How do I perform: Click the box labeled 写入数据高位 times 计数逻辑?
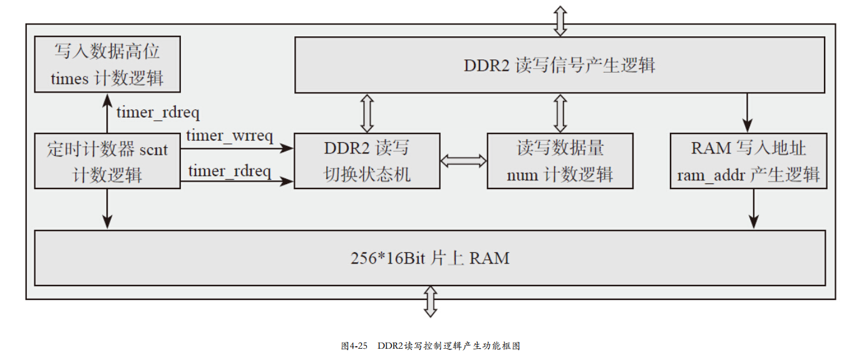point(107,64)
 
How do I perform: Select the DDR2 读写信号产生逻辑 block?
point(559,65)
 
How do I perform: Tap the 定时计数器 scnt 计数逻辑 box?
point(107,160)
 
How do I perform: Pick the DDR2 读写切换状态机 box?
point(367,160)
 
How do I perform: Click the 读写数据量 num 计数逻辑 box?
point(560,160)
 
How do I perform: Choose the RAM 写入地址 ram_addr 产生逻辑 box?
point(748,160)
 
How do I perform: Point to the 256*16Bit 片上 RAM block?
point(429,258)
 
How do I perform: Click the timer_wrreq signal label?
point(230,136)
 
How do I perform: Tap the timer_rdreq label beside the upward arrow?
point(158,113)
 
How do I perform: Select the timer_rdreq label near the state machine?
point(230,170)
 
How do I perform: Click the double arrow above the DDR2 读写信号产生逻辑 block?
point(560,21)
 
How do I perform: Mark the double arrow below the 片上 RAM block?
point(430,301)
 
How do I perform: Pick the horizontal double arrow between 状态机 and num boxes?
point(463,160)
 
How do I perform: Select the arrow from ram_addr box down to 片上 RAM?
point(754,208)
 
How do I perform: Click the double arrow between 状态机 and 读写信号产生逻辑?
point(367,113)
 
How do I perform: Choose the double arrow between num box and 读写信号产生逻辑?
point(560,113)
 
